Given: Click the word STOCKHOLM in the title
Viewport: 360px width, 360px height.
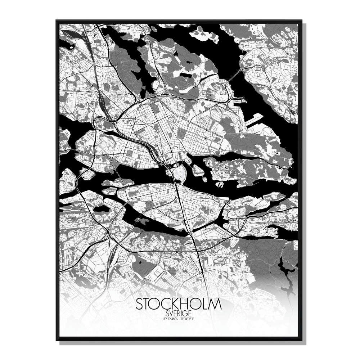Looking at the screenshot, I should [x=179, y=304].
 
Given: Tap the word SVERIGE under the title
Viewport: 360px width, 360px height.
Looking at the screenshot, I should [x=179, y=314].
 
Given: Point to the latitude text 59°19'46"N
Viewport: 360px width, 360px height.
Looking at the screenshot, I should [x=170, y=318].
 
